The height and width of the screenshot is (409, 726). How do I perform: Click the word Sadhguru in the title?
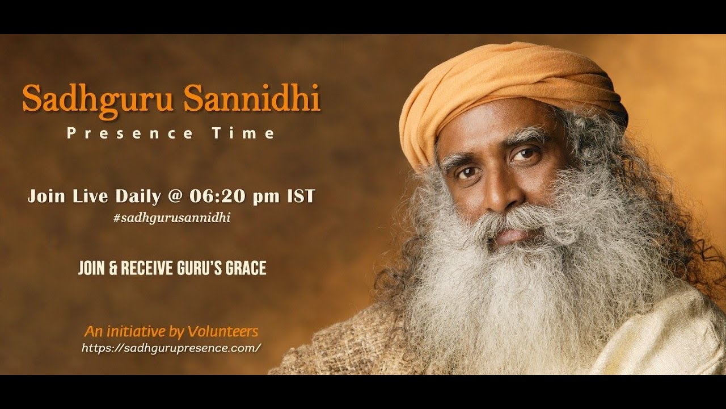tap(98, 99)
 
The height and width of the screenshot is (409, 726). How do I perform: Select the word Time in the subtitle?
tap(243, 133)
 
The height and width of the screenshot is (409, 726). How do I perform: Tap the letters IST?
tap(299, 197)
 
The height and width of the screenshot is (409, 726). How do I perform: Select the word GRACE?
tap(246, 268)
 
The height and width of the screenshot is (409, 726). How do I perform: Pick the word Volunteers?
tap(226, 331)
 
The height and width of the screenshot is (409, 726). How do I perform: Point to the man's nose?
tap(499, 193)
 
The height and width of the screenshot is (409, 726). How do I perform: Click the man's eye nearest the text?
tap(466, 171)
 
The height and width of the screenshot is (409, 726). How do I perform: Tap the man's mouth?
tap(513, 233)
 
